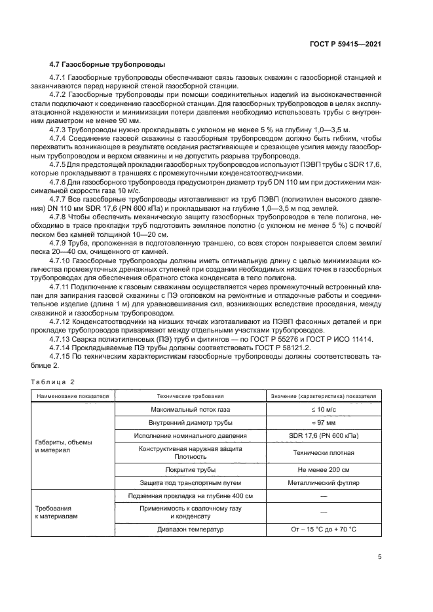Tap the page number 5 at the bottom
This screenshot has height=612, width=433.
click(381, 558)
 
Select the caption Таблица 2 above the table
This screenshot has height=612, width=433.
click(53, 381)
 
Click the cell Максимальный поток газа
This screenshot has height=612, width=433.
click(191, 409)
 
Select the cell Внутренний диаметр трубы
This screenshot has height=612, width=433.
click(191, 423)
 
